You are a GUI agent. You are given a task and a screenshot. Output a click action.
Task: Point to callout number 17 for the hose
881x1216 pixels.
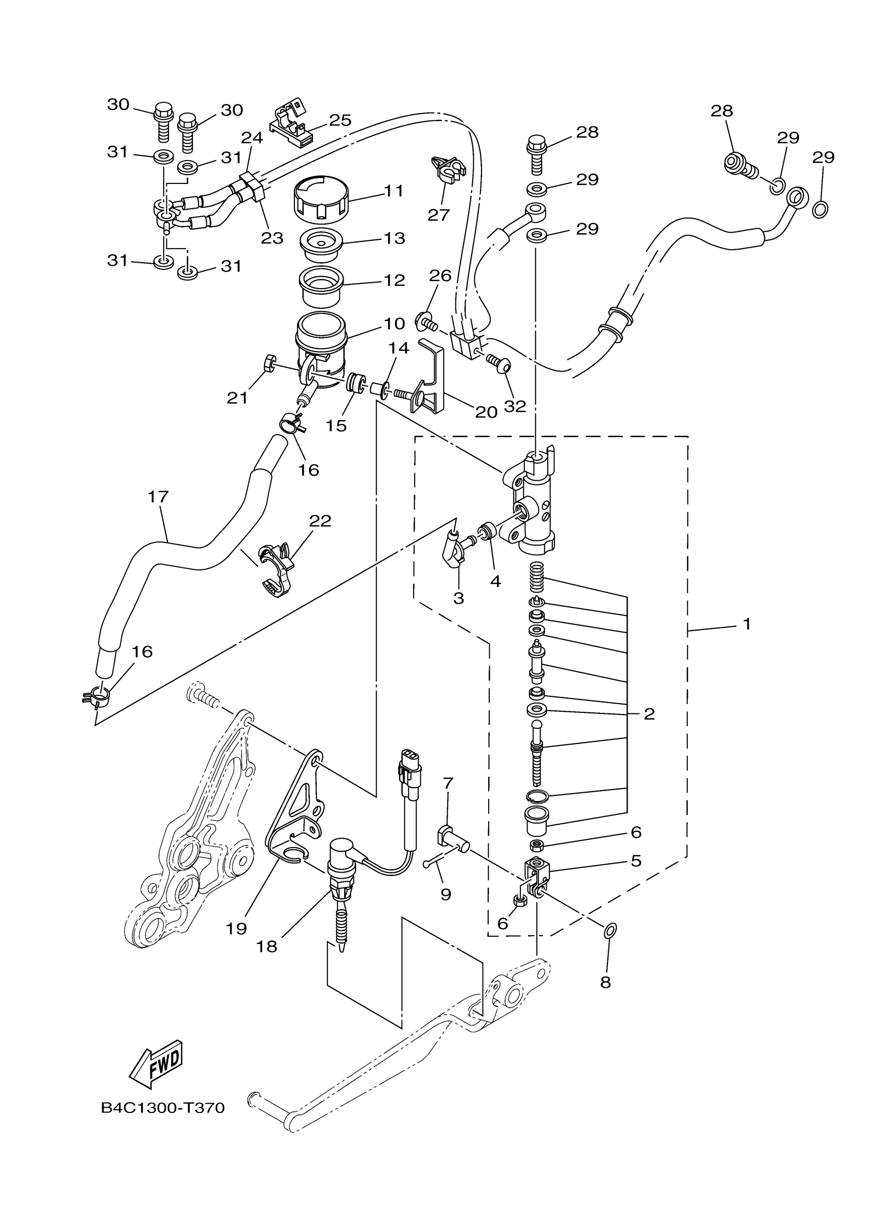coord(158,497)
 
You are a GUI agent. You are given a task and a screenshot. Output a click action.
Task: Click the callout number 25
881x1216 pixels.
coord(340,120)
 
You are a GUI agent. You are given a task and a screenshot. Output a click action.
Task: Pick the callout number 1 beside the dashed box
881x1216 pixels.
coord(747,624)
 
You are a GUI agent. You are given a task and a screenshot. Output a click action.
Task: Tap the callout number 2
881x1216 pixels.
coord(649,713)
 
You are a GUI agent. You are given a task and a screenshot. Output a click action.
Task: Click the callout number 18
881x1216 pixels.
coord(266,946)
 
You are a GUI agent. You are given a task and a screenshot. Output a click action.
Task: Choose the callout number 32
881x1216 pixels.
coord(515,406)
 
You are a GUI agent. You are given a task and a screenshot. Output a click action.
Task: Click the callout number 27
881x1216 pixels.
coord(438,214)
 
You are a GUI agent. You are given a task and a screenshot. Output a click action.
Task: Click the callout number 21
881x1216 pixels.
coord(237,397)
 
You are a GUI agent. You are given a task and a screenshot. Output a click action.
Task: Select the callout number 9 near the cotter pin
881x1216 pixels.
coord(446,894)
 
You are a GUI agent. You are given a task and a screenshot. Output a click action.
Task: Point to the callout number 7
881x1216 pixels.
coord(448,783)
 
